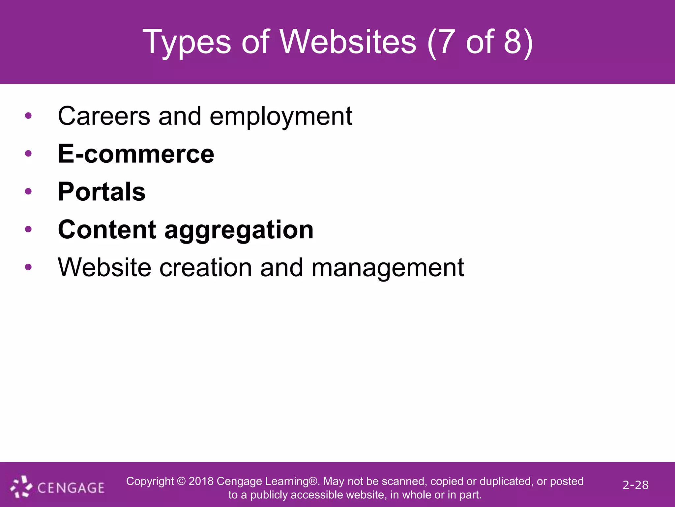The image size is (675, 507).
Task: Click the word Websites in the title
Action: [x=348, y=42]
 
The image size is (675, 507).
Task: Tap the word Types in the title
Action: [x=187, y=42]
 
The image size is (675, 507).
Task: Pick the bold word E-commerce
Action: [x=136, y=154]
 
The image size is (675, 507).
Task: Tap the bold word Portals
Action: [x=102, y=192]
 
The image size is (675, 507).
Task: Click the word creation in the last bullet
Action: [x=206, y=267]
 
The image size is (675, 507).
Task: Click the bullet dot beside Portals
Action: [x=28, y=191]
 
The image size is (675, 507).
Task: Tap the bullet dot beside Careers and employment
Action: [x=28, y=116]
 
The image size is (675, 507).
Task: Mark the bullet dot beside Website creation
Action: [x=28, y=267]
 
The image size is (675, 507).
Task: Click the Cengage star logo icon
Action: [x=21, y=487]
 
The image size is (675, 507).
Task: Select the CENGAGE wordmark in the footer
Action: [x=71, y=488]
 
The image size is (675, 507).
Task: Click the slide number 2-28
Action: [x=635, y=485]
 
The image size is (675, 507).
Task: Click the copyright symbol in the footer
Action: [x=181, y=481]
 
